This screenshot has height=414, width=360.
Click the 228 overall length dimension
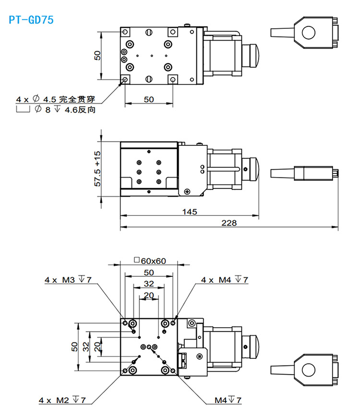(x=228, y=223)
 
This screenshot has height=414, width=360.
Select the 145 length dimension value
(x=189, y=211)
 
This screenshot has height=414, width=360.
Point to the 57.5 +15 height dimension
(x=97, y=168)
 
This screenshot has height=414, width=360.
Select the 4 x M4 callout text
(x=224, y=279)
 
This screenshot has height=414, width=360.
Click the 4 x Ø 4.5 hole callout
(x=56, y=99)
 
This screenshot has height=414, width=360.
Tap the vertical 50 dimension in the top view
(x=97, y=56)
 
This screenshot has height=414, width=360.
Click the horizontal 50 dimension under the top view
(x=149, y=99)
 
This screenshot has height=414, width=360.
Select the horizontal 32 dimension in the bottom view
(x=149, y=284)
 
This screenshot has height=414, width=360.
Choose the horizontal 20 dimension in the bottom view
(x=149, y=295)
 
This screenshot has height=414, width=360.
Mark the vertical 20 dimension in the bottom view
(x=97, y=346)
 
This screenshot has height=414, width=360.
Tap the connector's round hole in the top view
(x=307, y=33)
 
